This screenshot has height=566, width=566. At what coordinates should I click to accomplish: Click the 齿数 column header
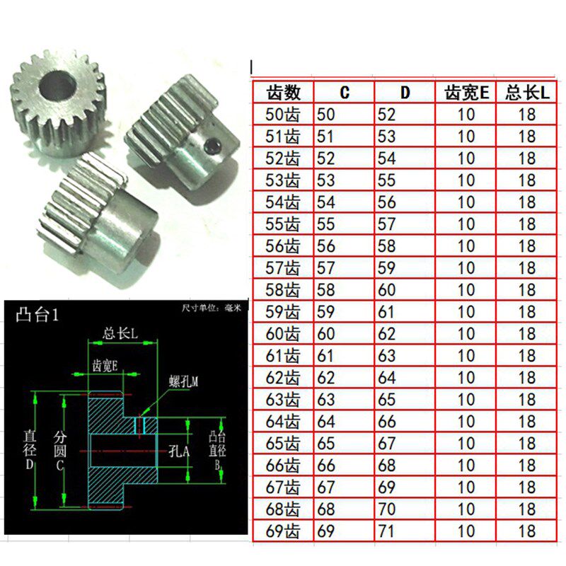(x=284, y=93)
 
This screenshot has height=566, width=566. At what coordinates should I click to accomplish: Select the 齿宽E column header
(x=466, y=93)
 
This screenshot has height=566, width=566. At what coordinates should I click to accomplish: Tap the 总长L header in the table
(x=527, y=93)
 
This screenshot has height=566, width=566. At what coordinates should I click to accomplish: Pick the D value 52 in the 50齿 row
(x=386, y=115)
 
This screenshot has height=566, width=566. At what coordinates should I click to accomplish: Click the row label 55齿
(x=282, y=224)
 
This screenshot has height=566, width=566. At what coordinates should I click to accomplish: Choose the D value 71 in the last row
(x=386, y=531)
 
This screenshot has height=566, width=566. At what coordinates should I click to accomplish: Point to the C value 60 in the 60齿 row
(x=325, y=334)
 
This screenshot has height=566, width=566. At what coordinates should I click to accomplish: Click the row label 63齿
(x=282, y=400)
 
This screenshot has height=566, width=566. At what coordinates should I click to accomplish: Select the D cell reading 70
(x=386, y=509)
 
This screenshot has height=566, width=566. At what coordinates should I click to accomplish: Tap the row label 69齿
(x=282, y=531)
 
